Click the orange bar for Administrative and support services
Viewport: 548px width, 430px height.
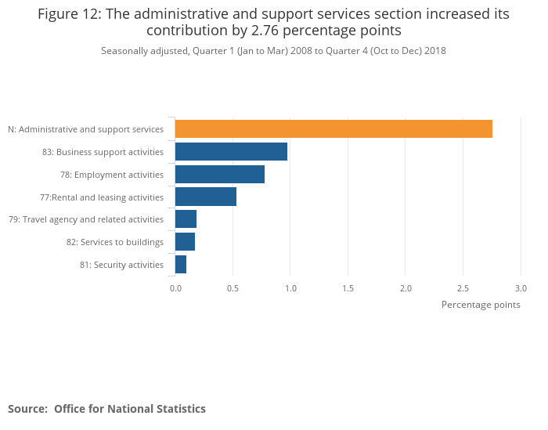coord(333,129)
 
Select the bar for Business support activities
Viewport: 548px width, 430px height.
coord(231,152)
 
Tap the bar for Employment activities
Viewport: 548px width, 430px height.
coord(220,175)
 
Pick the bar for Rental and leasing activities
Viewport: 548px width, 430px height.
coord(206,197)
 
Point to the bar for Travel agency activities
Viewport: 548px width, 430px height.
coord(186,219)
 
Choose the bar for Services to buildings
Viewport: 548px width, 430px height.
coord(185,242)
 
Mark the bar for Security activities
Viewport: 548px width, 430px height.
coord(181,265)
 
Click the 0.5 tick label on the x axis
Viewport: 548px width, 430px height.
coord(233,288)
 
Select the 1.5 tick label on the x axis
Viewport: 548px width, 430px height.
coord(348,288)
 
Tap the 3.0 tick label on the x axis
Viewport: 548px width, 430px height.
coord(521,288)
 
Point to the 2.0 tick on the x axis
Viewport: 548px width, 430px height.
coord(406,288)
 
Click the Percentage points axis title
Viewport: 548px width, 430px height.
coord(481,305)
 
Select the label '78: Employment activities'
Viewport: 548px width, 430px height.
coord(112,175)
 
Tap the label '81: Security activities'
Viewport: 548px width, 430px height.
coord(121,265)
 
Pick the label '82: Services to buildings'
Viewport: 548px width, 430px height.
coord(115,242)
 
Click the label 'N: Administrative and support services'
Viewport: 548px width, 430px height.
coord(85,129)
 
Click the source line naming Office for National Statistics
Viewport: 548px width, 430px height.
coord(106,409)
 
